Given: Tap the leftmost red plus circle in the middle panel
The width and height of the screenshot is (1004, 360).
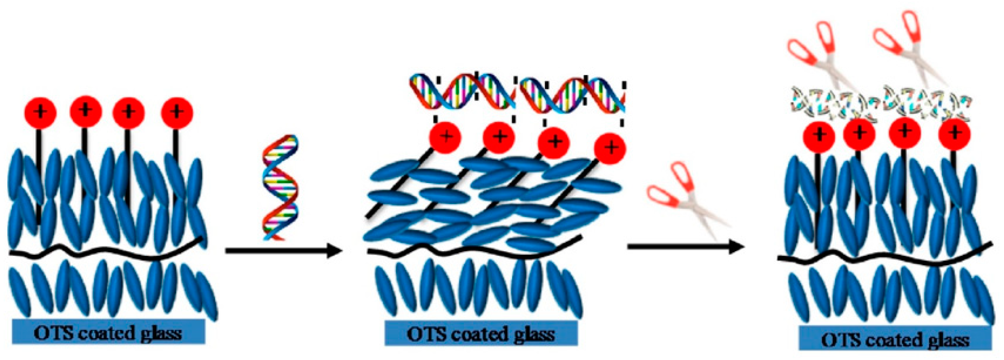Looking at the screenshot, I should pos(445,137).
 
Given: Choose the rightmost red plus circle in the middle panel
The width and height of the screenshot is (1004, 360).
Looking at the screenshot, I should pos(610,148).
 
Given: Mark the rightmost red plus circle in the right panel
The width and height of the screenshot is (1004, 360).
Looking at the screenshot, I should pos(954,134).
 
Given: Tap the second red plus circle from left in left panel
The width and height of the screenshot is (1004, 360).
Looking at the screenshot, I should pos(86,111).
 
